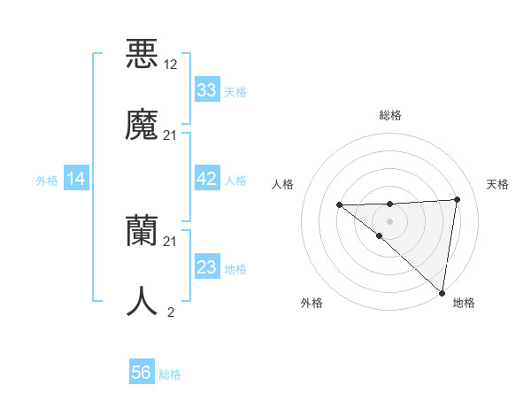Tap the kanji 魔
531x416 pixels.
[142, 124]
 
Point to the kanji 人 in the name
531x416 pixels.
[142, 301]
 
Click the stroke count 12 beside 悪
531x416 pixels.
[170, 64]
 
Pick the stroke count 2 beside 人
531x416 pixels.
[170, 312]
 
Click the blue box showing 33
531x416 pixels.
[206, 90]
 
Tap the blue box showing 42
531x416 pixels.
[206, 179]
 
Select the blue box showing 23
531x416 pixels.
[206, 267]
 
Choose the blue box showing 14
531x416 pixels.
[76, 180]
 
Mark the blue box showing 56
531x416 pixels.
[142, 373]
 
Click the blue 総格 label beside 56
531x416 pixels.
[170, 374]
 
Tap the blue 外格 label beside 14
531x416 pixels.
[47, 181]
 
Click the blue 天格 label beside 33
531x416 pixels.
[235, 92]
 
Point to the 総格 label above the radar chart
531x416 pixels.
[389, 115]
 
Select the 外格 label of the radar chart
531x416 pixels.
[312, 303]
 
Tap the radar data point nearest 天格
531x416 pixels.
[457, 199]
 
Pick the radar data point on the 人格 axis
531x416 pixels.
[339, 205]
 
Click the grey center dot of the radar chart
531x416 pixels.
[389, 220]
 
